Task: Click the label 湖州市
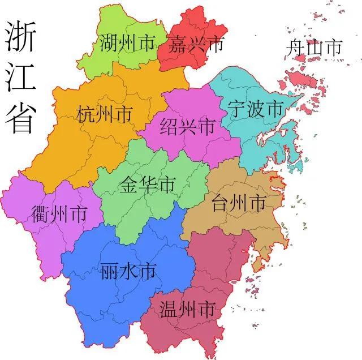tap(127, 44)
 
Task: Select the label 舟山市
tap(314, 48)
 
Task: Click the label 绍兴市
tap(187, 126)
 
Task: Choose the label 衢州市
tap(59, 215)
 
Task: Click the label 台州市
tap(238, 202)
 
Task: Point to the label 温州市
tap(187, 310)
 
